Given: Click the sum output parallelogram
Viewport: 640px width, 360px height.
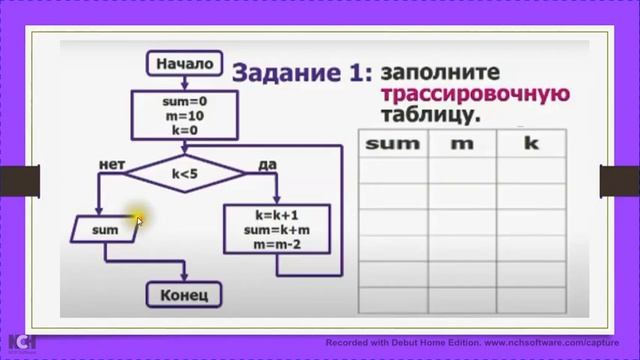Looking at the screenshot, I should (x=104, y=230).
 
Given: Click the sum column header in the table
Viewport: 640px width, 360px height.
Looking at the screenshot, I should (x=393, y=143).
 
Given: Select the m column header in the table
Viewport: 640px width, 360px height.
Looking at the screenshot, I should (x=462, y=143).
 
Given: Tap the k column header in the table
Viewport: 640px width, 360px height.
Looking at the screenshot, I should (x=531, y=143).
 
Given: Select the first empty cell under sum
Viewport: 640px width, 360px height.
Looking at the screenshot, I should (x=393, y=170).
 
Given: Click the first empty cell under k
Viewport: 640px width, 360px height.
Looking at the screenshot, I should (x=531, y=170).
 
